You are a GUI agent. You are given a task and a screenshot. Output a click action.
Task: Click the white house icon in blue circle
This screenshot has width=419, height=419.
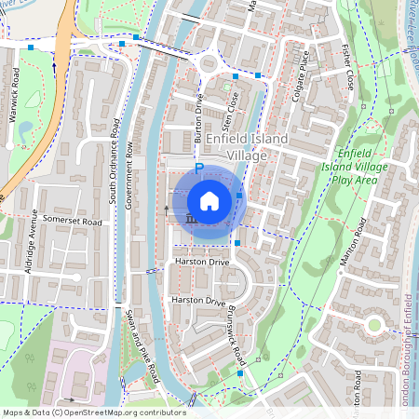pyautogui.click(x=209, y=201)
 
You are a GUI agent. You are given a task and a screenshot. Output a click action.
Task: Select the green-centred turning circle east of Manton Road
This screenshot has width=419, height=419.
pyautogui.click(x=375, y=325)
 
